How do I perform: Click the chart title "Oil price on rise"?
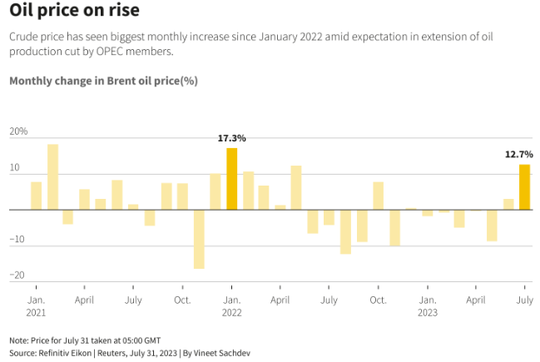pos(74,12)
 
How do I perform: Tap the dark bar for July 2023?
pos(524,186)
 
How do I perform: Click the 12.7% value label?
pos(518,154)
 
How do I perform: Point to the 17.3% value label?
pos(232,138)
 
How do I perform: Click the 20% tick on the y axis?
pos(18,131)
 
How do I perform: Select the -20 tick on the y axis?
pos(17,275)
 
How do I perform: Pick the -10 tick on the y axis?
pos(17,240)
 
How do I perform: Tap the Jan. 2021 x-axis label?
pos(36,305)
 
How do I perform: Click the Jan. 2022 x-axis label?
pos(232,305)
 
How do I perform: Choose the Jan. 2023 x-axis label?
pos(427,305)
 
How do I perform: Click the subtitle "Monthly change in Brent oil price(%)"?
pos(103,81)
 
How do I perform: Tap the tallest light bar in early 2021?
pos(52,176)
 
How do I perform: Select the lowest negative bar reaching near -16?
pos(199,239)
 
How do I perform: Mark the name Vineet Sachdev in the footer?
pos(218,353)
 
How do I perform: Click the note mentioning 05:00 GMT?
pos(85,340)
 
